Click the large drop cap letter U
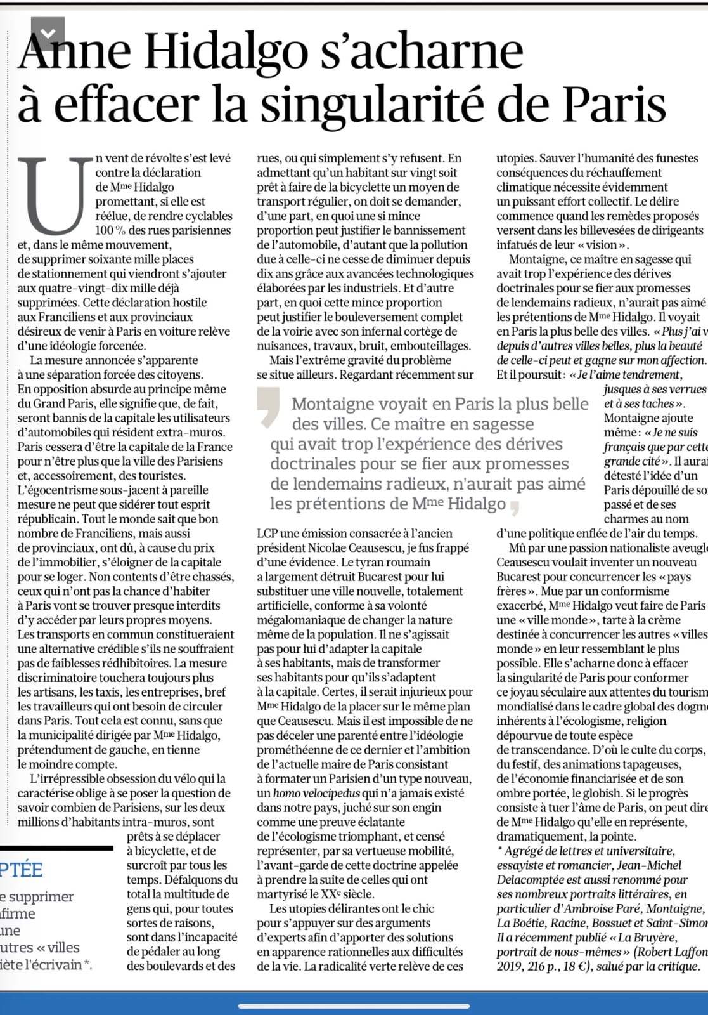pos(56,195)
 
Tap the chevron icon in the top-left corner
pos(48,33)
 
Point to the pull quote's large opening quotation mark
pos(269,405)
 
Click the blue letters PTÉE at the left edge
pos(21,870)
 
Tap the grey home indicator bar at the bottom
pos(354,1007)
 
